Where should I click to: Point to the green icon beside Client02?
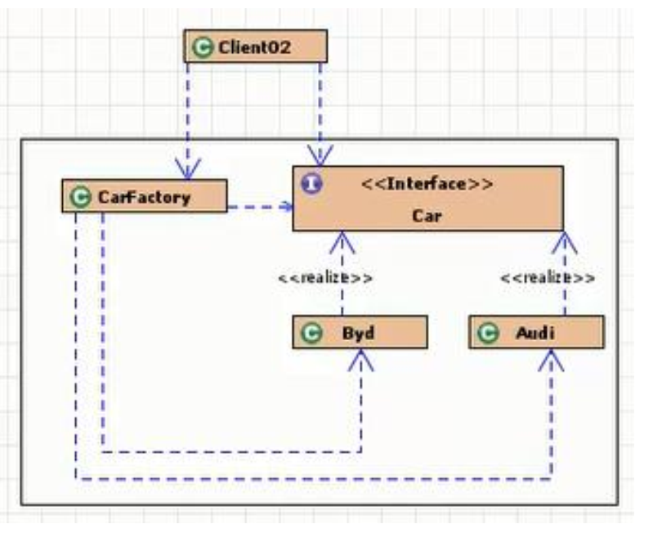click(x=199, y=47)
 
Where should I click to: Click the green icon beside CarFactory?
click(x=79, y=197)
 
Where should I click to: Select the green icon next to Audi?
click(x=487, y=334)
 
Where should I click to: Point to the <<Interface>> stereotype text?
click(x=427, y=183)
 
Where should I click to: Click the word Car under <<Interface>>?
click(x=426, y=217)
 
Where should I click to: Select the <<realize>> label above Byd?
click(x=325, y=278)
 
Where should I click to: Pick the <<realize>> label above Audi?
click(x=548, y=278)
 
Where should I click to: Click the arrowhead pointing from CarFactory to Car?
click(x=288, y=206)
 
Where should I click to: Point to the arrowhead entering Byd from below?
click(x=360, y=359)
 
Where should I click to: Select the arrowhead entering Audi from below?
click(x=552, y=359)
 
